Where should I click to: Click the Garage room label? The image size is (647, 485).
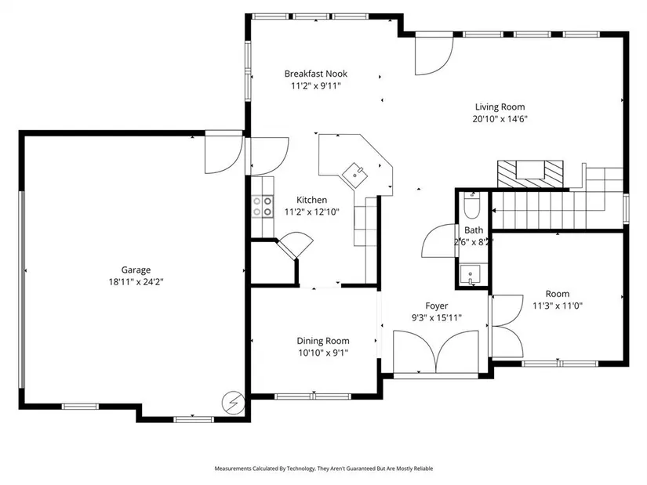(136, 270)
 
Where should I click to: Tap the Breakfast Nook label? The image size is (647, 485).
(316, 74)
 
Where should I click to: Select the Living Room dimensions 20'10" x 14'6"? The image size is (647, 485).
(500, 119)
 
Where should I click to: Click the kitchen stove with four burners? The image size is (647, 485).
(263, 207)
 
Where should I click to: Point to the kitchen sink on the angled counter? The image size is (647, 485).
(354, 175)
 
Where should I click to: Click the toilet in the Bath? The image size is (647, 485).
(471, 205)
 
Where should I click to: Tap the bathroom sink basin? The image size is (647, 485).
(470, 275)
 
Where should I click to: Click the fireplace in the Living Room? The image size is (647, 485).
(530, 174)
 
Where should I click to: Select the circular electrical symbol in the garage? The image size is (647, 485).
(234, 402)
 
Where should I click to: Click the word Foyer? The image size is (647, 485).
(437, 306)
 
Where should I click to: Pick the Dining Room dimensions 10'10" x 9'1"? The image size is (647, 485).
(323, 353)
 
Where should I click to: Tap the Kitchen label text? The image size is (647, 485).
(311, 200)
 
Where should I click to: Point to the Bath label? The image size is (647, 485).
(474, 230)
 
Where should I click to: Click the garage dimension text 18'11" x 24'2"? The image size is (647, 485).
(136, 282)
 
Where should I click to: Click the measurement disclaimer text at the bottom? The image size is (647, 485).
(323, 469)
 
